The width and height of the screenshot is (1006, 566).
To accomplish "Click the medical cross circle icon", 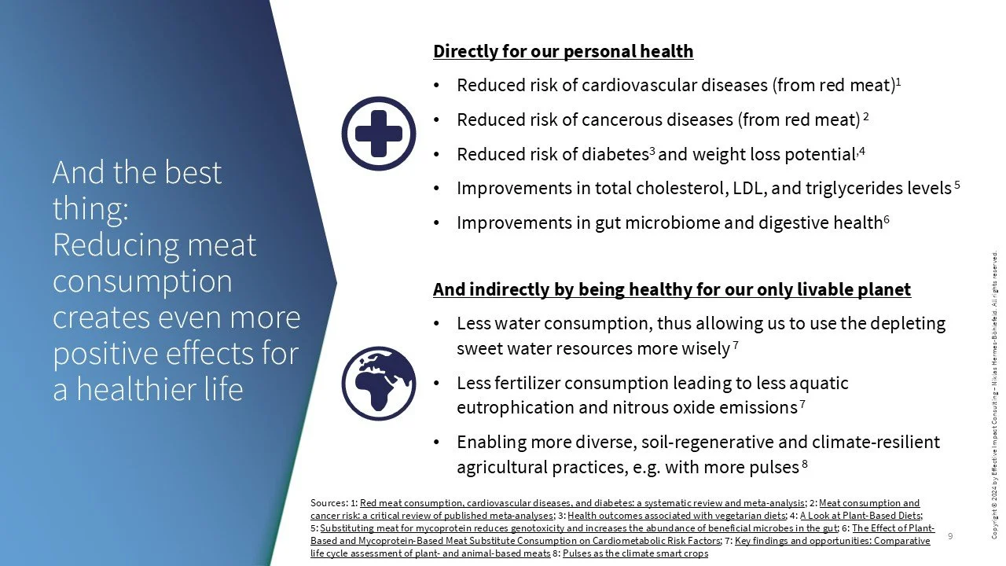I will (x=379, y=134).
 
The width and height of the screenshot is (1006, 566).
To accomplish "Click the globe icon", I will (x=379, y=383).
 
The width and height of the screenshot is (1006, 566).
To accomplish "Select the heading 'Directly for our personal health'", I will (x=563, y=52).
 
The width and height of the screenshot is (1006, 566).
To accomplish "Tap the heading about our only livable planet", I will (x=672, y=289).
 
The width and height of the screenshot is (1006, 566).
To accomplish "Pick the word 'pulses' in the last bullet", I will (x=773, y=468).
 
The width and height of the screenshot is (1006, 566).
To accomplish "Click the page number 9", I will (x=950, y=536).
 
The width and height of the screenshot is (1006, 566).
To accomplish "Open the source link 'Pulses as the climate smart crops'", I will (x=635, y=553).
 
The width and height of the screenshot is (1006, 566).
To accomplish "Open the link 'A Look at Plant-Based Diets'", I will (x=861, y=516).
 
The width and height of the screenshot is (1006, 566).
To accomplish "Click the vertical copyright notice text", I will (x=995, y=395).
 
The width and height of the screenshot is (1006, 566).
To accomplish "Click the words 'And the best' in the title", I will (x=137, y=173).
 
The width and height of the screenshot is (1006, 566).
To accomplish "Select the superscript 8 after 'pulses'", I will (x=805, y=465).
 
